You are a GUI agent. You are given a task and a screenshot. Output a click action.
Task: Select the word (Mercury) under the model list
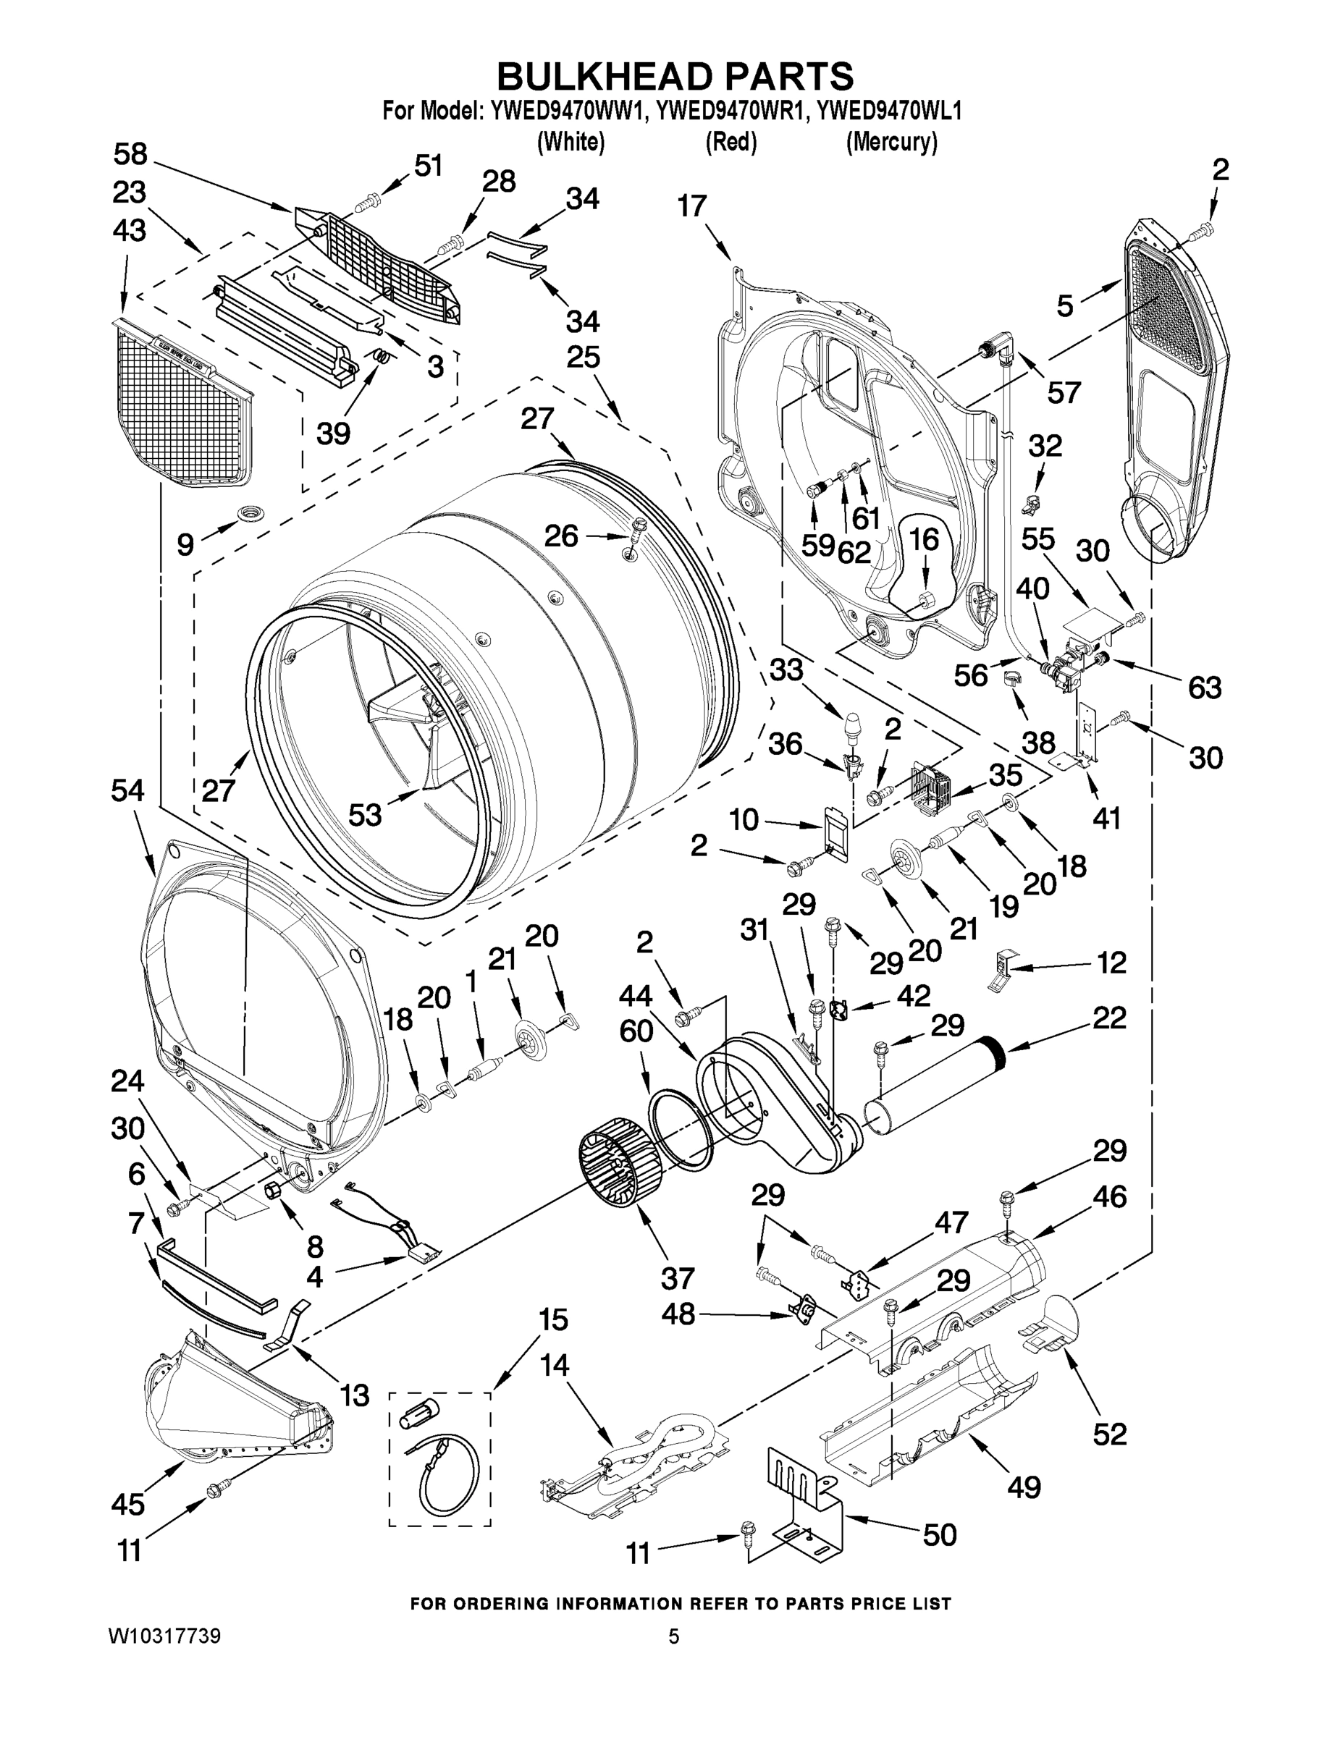(891, 143)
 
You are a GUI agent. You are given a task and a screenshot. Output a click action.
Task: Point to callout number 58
(130, 153)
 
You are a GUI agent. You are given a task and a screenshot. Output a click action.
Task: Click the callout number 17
(692, 206)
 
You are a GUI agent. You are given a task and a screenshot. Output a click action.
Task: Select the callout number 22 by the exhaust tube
(1109, 1018)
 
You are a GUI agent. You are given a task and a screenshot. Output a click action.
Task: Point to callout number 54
(127, 790)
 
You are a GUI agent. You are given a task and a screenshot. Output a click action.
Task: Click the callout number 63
(1204, 687)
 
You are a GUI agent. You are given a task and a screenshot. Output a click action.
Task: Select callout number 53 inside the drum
(365, 814)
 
